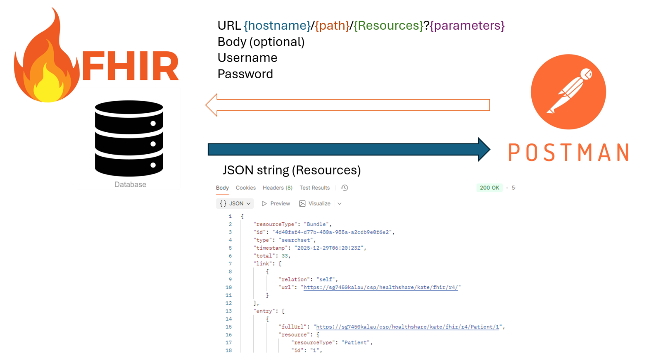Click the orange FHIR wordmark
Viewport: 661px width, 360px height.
pos(131,66)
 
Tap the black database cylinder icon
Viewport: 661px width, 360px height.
pos(129,138)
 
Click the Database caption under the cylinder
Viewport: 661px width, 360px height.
pos(130,185)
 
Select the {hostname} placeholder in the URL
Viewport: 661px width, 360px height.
pos(277,26)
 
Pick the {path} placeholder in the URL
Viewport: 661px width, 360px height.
pos(332,26)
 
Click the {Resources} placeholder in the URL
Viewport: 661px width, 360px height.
pos(388,26)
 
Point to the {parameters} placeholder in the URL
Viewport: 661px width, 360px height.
pos(467,26)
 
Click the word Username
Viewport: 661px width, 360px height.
pos(247,58)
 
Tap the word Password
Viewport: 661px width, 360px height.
pos(245,74)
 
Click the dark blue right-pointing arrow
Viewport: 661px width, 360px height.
pos(347,149)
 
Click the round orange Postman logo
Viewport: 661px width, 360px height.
pos(568,92)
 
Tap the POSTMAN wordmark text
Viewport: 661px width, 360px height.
pos(568,153)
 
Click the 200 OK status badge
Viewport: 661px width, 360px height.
pos(489,188)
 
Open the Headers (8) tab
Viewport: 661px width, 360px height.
pos(278,188)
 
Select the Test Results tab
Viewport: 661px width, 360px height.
pos(315,188)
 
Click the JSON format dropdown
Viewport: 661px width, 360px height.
pos(235,203)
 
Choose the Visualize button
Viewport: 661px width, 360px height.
pos(315,203)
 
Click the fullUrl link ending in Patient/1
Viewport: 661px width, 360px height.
pos(409,327)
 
